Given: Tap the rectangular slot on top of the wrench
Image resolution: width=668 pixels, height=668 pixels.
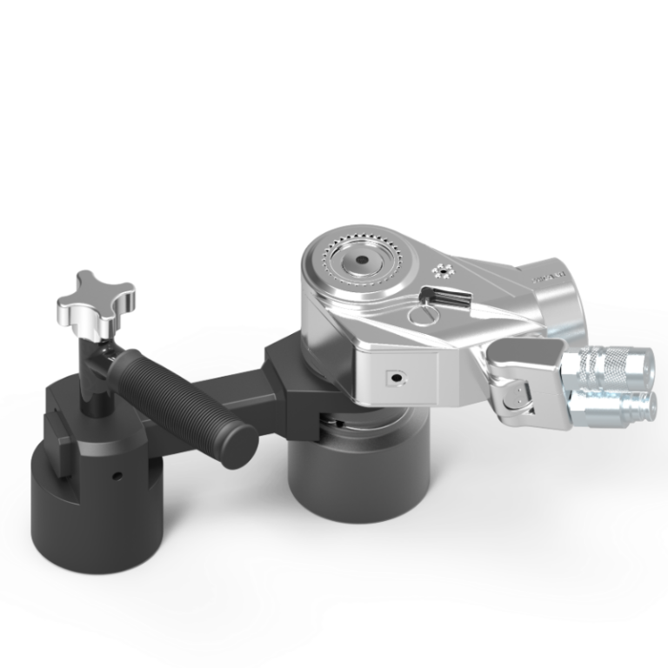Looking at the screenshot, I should tap(451, 298).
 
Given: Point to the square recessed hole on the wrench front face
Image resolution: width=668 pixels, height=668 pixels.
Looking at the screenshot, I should tap(396, 377).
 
